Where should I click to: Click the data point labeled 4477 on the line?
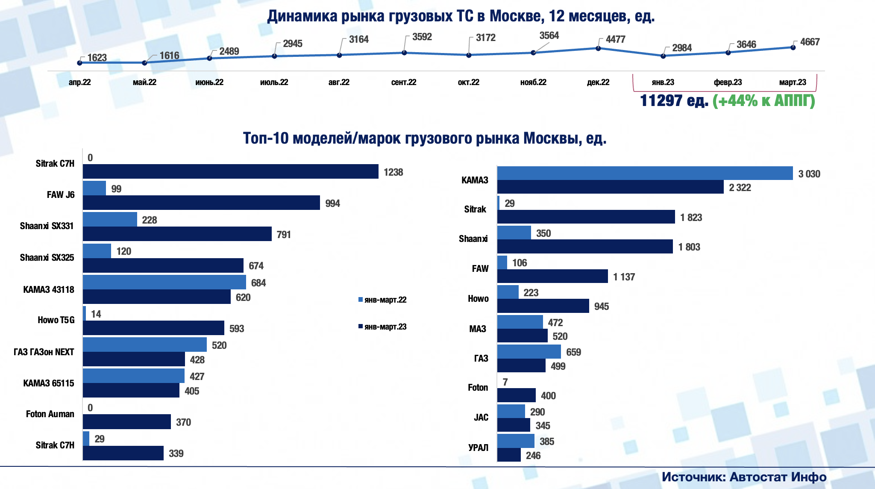pos(598,48)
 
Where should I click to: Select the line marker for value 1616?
pos(144,63)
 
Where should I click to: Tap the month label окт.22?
pos(468,82)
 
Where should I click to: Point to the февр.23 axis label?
pos(728,82)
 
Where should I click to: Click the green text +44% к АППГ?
pos(763,101)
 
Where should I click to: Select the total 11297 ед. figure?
pos(674,101)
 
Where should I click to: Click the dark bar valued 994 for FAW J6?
pos(201,203)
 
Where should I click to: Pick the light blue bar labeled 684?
pos(164,282)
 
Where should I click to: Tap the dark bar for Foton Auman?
pos(127,422)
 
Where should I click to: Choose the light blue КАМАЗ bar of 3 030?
pos(645,173)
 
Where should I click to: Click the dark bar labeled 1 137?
pos(552,276)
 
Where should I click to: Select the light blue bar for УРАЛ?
pos(516,441)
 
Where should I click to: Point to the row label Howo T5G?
pos(56,320)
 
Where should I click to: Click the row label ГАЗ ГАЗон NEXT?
pos(44,352)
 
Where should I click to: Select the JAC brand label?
pos(481,418)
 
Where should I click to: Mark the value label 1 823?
pos(691,218)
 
